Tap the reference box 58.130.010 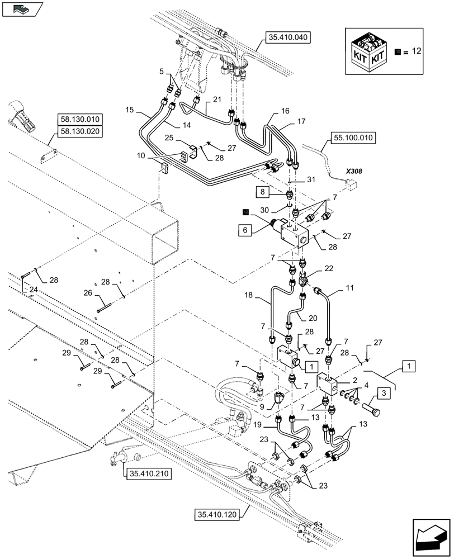click(x=79, y=119)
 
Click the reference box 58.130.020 click(x=79, y=132)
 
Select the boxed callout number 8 click(x=263, y=192)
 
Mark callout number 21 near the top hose click(x=216, y=99)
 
